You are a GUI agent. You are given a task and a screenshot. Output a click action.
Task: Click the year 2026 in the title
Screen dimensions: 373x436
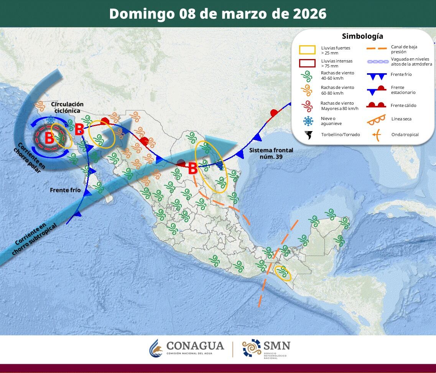(x=309, y=14)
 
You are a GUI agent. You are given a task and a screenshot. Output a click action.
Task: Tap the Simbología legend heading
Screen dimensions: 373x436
(x=362, y=36)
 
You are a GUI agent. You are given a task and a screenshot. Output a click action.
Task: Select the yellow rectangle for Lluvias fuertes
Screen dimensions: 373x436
(x=307, y=50)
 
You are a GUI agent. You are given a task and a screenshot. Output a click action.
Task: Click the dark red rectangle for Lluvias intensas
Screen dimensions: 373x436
(x=307, y=63)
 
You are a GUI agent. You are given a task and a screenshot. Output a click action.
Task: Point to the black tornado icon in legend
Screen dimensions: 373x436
(x=308, y=135)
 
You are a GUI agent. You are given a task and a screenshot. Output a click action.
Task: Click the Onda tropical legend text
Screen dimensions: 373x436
(x=405, y=135)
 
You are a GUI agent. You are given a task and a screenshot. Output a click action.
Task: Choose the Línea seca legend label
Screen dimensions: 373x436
(x=401, y=119)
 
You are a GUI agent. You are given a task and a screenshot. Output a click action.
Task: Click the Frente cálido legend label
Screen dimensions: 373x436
(x=403, y=105)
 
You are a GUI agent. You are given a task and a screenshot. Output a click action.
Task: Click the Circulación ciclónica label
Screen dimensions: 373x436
(x=67, y=107)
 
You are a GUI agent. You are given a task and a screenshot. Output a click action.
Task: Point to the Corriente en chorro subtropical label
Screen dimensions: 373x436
(x=34, y=240)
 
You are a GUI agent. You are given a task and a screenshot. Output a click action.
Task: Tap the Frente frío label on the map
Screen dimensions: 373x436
(x=65, y=190)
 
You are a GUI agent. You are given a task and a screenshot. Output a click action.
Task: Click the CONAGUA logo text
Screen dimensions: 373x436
(x=195, y=346)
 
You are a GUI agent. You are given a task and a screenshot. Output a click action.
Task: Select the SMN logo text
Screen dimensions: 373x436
(x=276, y=345)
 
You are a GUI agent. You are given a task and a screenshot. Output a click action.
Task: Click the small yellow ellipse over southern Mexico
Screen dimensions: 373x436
(x=283, y=273)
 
